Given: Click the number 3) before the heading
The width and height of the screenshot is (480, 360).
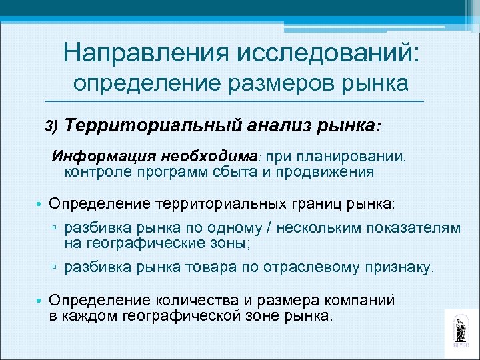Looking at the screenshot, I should coord(52,125).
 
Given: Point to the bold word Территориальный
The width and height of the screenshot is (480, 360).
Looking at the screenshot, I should coord(137,125).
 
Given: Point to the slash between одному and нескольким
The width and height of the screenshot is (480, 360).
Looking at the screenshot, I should coord(268,227).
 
